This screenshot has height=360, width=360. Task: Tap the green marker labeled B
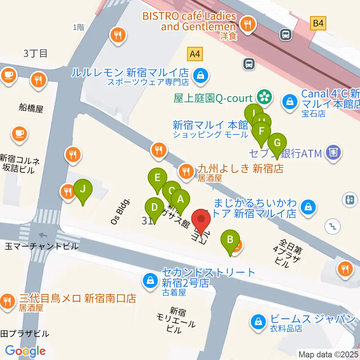click(230, 240)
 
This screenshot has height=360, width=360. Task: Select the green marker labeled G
click(277, 143)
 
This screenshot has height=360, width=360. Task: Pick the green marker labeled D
click(154, 207)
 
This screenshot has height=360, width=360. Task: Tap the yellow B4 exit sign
click(318, 24)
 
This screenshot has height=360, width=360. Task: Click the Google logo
click(25, 351)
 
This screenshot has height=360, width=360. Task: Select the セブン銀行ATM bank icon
click(333, 153)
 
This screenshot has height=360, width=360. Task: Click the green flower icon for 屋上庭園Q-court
click(264, 97)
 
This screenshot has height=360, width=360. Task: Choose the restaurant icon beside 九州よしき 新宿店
click(185, 172)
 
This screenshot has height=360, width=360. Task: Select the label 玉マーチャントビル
click(42, 246)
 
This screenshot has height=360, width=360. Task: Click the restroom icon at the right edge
click(350, 199)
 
